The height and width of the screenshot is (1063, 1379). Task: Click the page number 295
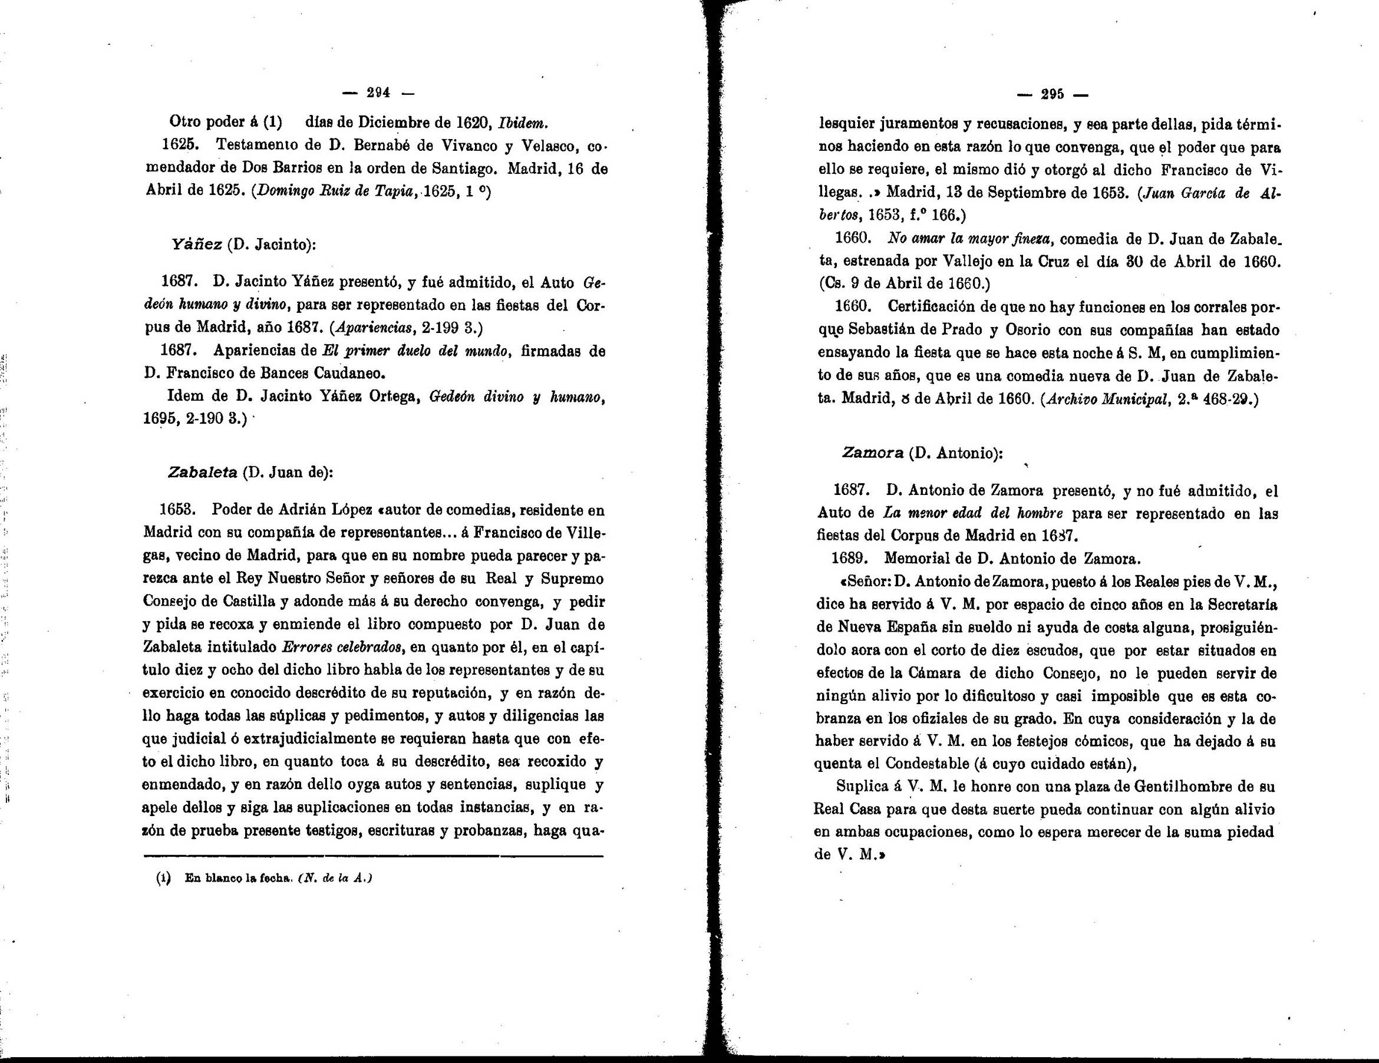[x=1053, y=95]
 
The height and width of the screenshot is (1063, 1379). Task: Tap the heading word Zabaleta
[x=202, y=472]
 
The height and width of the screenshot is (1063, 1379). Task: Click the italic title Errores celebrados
[x=342, y=647]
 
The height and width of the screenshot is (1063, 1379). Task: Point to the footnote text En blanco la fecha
[x=237, y=878]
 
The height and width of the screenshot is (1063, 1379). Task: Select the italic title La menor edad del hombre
[x=972, y=513]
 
